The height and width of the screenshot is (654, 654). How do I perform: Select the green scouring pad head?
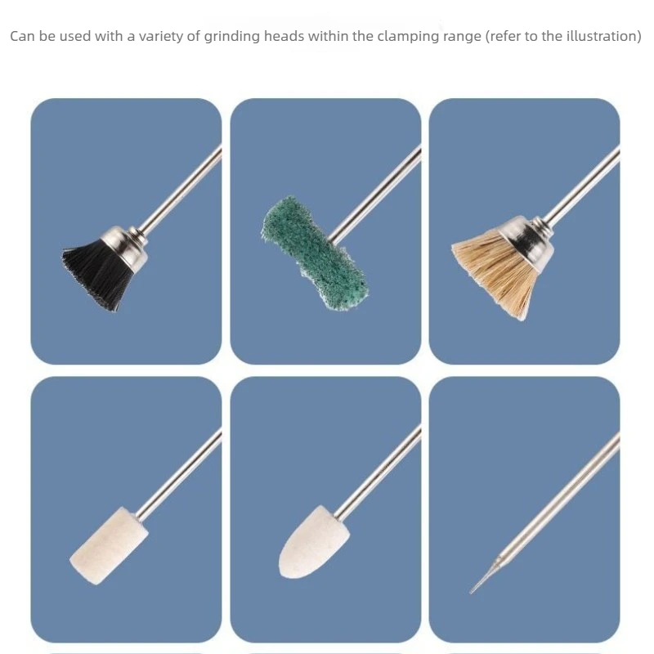coord(314,253)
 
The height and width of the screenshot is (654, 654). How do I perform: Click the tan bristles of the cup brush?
coord(495,271)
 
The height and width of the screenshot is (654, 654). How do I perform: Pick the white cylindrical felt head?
coord(109,545)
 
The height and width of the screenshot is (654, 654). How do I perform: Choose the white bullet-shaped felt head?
coord(313,542)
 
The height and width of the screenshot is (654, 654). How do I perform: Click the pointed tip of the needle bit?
coord(471,592)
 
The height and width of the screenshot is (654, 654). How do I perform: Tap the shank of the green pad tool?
coord(374,194)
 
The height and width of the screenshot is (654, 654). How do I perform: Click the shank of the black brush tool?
coord(180,189)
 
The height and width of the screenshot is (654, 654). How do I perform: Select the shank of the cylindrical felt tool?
coord(179,475)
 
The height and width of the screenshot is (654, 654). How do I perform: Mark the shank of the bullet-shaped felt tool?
coord(378,473)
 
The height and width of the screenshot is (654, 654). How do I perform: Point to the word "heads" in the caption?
coord(284,36)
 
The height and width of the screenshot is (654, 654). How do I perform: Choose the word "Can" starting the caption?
coord(23,36)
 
